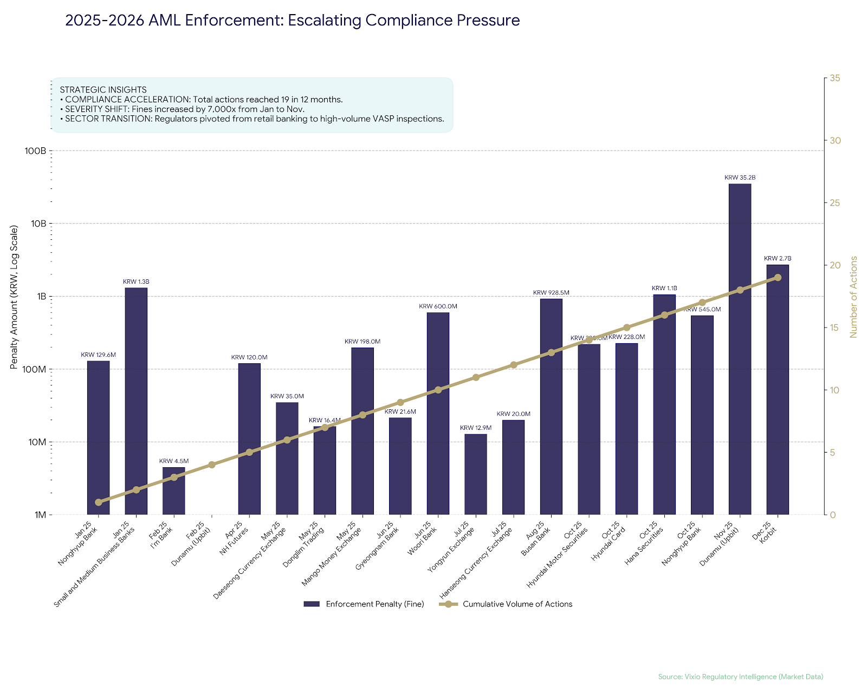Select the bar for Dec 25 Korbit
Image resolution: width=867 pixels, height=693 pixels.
click(778, 390)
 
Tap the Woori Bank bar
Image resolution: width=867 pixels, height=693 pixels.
click(438, 414)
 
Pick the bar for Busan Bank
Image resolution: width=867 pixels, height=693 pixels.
click(551, 407)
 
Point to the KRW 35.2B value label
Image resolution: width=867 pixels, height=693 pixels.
click(740, 178)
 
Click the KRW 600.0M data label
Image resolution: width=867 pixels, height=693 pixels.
click(438, 306)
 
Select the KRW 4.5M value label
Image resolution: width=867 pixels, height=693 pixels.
click(174, 461)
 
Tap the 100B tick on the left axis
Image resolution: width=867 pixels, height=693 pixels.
click(35, 151)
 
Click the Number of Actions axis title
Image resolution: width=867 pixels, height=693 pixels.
click(854, 297)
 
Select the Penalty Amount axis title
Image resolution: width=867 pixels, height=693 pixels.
click(14, 297)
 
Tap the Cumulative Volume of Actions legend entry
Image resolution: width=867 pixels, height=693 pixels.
click(517, 604)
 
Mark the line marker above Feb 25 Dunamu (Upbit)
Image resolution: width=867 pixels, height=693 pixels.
click(212, 465)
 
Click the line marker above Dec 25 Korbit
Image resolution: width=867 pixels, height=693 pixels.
click(778, 277)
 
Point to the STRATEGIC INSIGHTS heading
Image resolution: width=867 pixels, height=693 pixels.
click(103, 90)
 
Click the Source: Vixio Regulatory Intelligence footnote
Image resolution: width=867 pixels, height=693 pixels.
click(740, 677)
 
